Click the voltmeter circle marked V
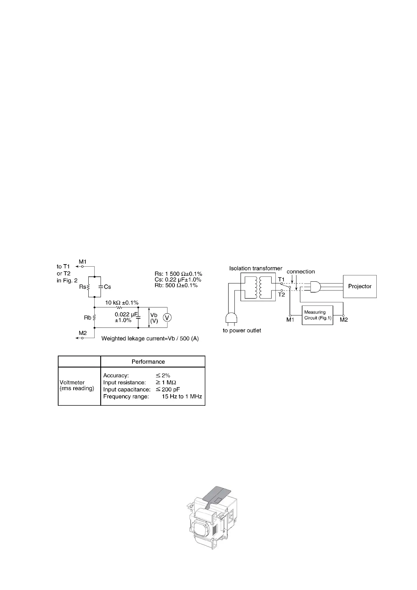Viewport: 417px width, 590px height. click(x=168, y=317)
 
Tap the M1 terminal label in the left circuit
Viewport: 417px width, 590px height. click(x=83, y=262)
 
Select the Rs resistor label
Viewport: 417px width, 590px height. click(x=82, y=287)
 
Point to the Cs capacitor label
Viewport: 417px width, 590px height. click(x=107, y=287)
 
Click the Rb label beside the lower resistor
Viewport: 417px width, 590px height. click(x=87, y=317)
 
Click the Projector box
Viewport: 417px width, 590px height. click(x=360, y=286)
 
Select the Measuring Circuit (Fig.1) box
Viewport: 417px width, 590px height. click(x=317, y=315)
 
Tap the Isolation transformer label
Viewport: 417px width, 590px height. click(x=256, y=268)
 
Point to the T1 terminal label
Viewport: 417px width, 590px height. click(x=281, y=279)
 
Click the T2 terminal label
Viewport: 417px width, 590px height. click(x=281, y=294)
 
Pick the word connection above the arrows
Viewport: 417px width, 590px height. click(x=301, y=272)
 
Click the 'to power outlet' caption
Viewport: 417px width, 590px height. click(x=242, y=330)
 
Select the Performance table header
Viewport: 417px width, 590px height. click(x=148, y=362)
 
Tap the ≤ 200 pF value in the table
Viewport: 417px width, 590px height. click(x=168, y=389)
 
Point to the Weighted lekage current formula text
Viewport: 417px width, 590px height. click(x=150, y=339)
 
